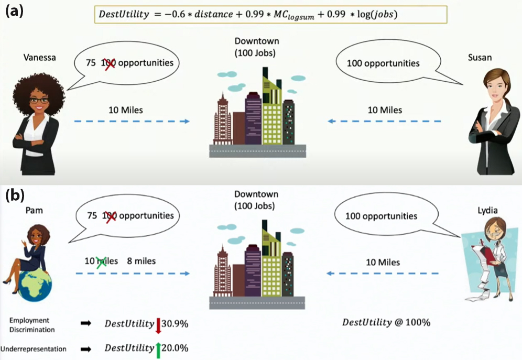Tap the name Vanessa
[39, 57]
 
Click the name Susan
[480, 58]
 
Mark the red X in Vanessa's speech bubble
[109, 64]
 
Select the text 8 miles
[142, 260]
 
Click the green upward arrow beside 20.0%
[158, 349]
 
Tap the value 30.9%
[175, 323]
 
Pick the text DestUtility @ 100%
[387, 322]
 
